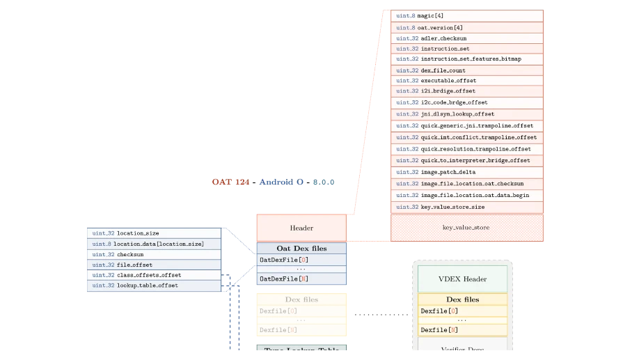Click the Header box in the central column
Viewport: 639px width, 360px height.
[301, 228]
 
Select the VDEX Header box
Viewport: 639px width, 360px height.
[462, 279]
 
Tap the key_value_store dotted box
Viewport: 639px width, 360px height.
[466, 228]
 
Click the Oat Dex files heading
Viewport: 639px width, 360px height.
[301, 248]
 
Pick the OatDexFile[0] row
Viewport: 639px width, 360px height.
[301, 260]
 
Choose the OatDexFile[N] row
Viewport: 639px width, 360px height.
[301, 279]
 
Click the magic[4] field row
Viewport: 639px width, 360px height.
[467, 15]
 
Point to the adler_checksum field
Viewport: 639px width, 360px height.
[467, 38]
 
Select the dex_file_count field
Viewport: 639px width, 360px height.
[467, 70]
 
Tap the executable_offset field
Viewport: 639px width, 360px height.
[467, 81]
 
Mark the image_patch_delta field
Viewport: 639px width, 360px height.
[467, 172]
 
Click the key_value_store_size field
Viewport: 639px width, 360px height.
[467, 207]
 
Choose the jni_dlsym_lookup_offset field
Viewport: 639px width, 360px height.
[467, 114]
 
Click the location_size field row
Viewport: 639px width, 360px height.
[154, 233]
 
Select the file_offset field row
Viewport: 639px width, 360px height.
[154, 265]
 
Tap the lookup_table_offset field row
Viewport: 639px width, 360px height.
[154, 285]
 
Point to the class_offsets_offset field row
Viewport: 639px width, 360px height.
[154, 275]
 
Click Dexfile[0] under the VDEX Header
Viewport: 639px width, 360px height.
[462, 311]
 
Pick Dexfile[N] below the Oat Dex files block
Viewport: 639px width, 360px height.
[301, 329]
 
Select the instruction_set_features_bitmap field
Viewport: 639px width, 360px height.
[467, 59]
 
